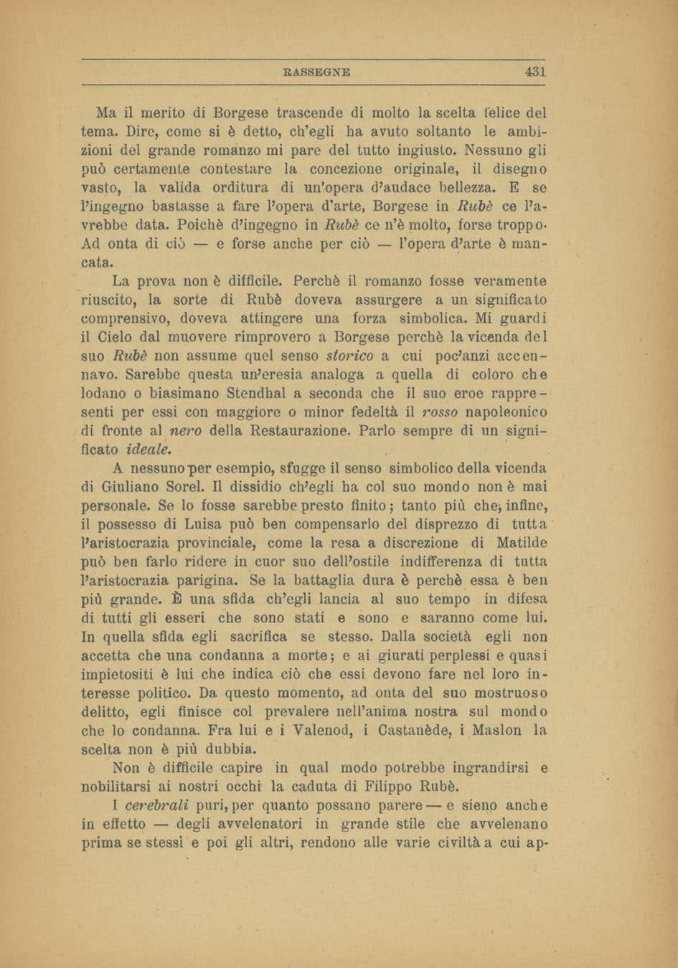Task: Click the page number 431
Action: click(x=535, y=72)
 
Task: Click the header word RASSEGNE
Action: click(x=317, y=72)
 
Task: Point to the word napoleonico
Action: click(x=507, y=412)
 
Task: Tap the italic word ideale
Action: click(x=149, y=450)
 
